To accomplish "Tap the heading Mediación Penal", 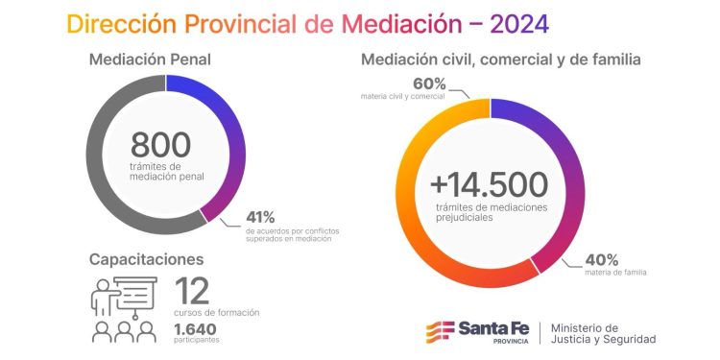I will [x=150, y=60].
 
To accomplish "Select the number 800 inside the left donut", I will [x=160, y=145].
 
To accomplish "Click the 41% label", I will [x=260, y=217].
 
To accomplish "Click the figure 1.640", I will [x=194, y=328].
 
